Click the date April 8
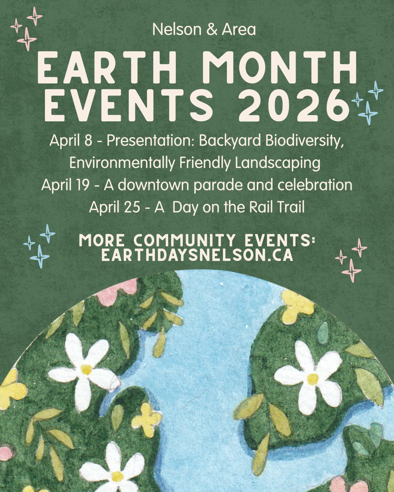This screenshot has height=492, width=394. coord(71,141)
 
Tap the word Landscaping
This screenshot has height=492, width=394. coord(278,164)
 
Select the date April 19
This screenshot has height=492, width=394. coord(65,186)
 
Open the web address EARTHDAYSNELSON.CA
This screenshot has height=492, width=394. coord(197,255)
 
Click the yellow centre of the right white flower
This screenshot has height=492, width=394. coord(313,379)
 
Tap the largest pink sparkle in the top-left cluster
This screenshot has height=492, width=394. coord(27,39)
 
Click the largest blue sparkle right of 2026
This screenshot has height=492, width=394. coord(368,113)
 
